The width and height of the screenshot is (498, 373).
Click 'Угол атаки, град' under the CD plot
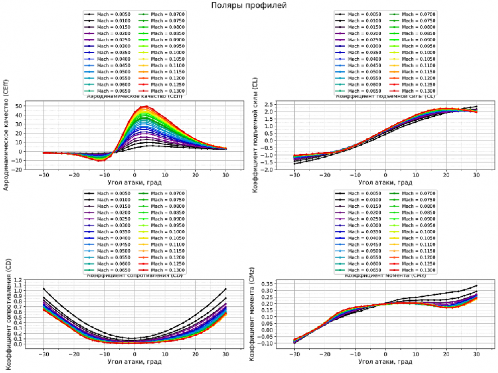coord(134,361)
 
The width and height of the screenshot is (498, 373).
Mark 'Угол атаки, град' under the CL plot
coord(385,183)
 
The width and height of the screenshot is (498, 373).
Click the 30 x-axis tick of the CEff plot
coord(226,175)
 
